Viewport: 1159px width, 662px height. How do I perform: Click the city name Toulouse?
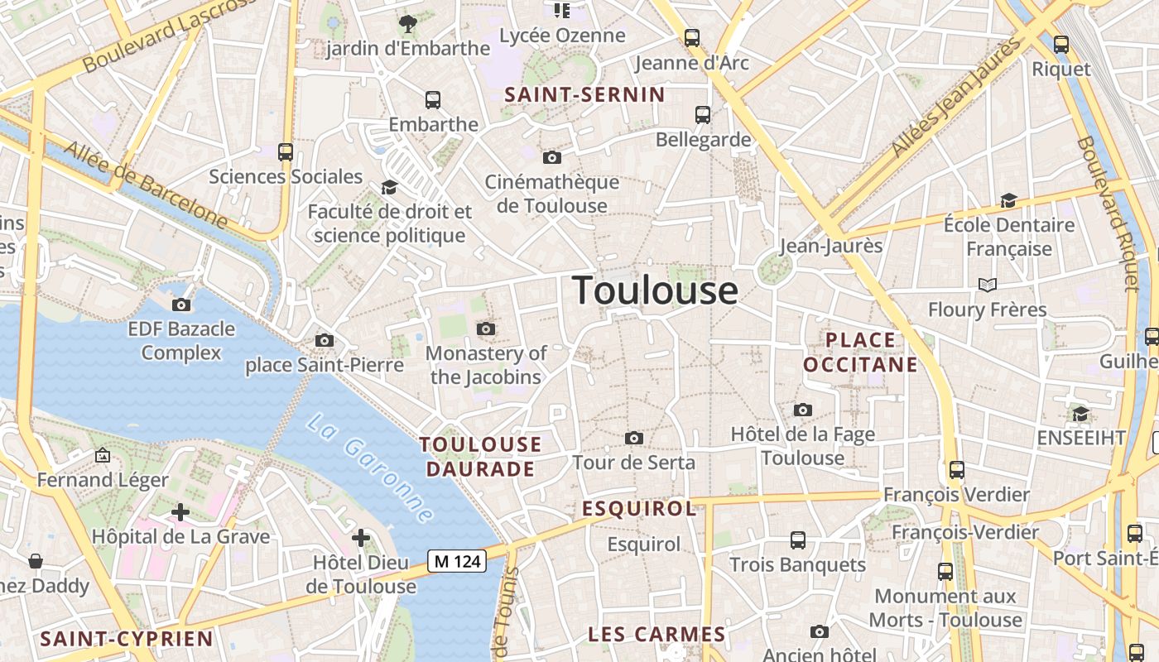click(x=655, y=290)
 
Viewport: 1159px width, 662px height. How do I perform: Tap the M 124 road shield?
click(x=457, y=561)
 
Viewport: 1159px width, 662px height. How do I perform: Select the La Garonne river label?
click(x=370, y=468)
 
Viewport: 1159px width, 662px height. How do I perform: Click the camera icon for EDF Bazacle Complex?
click(x=181, y=305)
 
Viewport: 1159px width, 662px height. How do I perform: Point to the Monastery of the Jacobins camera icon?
click(x=486, y=329)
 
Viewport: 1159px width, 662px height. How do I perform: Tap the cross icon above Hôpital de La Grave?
click(x=180, y=512)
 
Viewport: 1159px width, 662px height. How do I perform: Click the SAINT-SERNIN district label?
click(x=585, y=95)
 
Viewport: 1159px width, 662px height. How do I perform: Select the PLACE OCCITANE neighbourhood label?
click(x=861, y=353)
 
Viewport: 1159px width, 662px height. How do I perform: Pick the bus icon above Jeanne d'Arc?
click(x=691, y=38)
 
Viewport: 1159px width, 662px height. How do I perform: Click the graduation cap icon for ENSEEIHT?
click(x=1080, y=414)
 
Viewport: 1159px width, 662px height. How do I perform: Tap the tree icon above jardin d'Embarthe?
click(x=407, y=23)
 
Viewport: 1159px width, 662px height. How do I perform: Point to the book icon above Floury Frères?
click(x=987, y=285)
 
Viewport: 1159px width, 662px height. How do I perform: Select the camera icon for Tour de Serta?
click(x=634, y=438)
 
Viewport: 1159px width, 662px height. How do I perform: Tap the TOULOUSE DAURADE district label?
click(x=480, y=457)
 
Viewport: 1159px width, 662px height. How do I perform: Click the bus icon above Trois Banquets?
click(x=797, y=540)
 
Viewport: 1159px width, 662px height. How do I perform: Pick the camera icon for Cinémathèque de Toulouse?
click(x=552, y=157)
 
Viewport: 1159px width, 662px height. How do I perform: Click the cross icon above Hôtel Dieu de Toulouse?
click(x=361, y=539)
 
